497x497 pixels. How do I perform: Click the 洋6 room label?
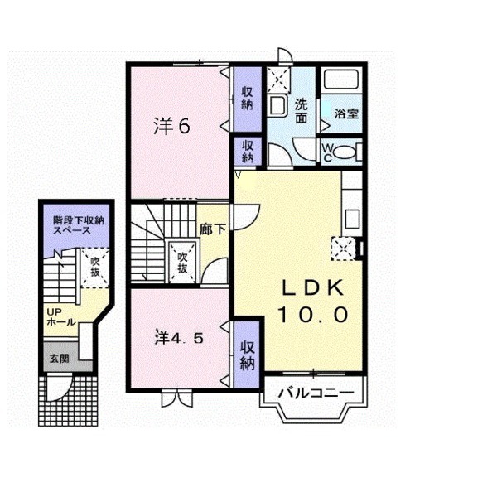171,126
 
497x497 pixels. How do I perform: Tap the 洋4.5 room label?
179,338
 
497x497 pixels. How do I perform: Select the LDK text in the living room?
313,287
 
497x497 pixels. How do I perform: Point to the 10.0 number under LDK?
313,315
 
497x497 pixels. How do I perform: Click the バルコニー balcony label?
316,393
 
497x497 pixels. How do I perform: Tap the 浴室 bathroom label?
346,113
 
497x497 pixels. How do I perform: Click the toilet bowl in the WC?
344,152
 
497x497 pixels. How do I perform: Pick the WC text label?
327,152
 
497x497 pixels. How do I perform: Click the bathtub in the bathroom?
341,80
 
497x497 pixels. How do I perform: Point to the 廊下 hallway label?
212,229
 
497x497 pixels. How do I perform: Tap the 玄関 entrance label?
60,359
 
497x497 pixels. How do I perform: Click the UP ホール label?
60,317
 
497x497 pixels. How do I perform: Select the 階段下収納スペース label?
79,225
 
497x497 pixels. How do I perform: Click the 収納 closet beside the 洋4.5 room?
247,355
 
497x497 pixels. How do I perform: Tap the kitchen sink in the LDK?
352,219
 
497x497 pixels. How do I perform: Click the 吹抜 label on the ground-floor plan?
95,267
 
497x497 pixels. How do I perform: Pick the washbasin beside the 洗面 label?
277,105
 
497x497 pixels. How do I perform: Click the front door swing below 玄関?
59,388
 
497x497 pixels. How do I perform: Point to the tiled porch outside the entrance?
69,401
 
